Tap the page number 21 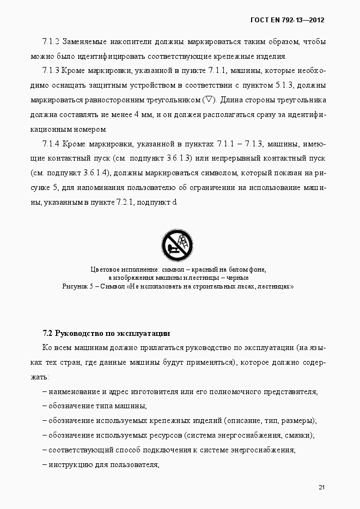coord(322,487)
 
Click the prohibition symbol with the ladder coord(178,246)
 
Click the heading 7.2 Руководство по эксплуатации coord(107,333)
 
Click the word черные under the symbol coord(237,278)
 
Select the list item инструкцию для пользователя coord(103,465)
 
